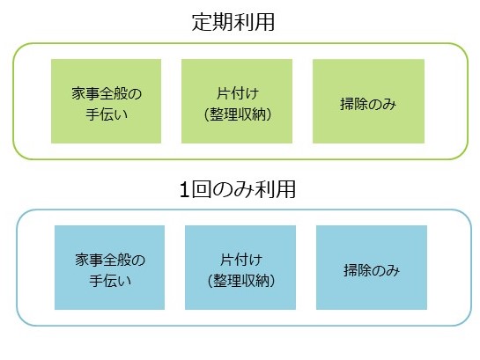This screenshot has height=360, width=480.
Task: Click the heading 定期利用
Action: (x=233, y=22)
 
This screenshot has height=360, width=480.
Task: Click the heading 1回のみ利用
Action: (x=237, y=189)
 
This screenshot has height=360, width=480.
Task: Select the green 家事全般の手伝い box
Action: (x=106, y=101)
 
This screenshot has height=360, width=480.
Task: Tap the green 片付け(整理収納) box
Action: (x=237, y=101)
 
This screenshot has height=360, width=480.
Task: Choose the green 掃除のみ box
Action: (x=368, y=101)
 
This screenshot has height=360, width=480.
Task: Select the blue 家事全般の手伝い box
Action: (x=109, y=268)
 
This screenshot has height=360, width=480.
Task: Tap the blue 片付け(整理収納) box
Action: (x=240, y=268)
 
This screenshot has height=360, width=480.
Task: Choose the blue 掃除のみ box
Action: (x=372, y=268)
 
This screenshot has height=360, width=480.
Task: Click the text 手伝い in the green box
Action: (x=107, y=114)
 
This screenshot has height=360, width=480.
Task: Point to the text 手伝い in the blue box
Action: (x=110, y=281)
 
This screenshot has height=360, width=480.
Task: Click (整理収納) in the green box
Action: (x=238, y=114)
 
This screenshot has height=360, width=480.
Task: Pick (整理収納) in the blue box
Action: (x=241, y=281)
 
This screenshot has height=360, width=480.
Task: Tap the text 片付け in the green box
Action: (x=238, y=93)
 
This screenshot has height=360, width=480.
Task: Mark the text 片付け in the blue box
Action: (x=241, y=260)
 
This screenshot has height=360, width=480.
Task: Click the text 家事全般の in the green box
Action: (x=107, y=93)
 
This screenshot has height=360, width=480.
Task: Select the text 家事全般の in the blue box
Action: (x=110, y=260)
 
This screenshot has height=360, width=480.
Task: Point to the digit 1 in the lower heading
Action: (x=184, y=190)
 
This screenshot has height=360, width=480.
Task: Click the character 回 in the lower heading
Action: (x=202, y=189)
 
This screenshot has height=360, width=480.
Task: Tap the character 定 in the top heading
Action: (x=202, y=22)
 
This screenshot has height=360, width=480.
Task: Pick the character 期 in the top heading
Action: (x=223, y=22)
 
